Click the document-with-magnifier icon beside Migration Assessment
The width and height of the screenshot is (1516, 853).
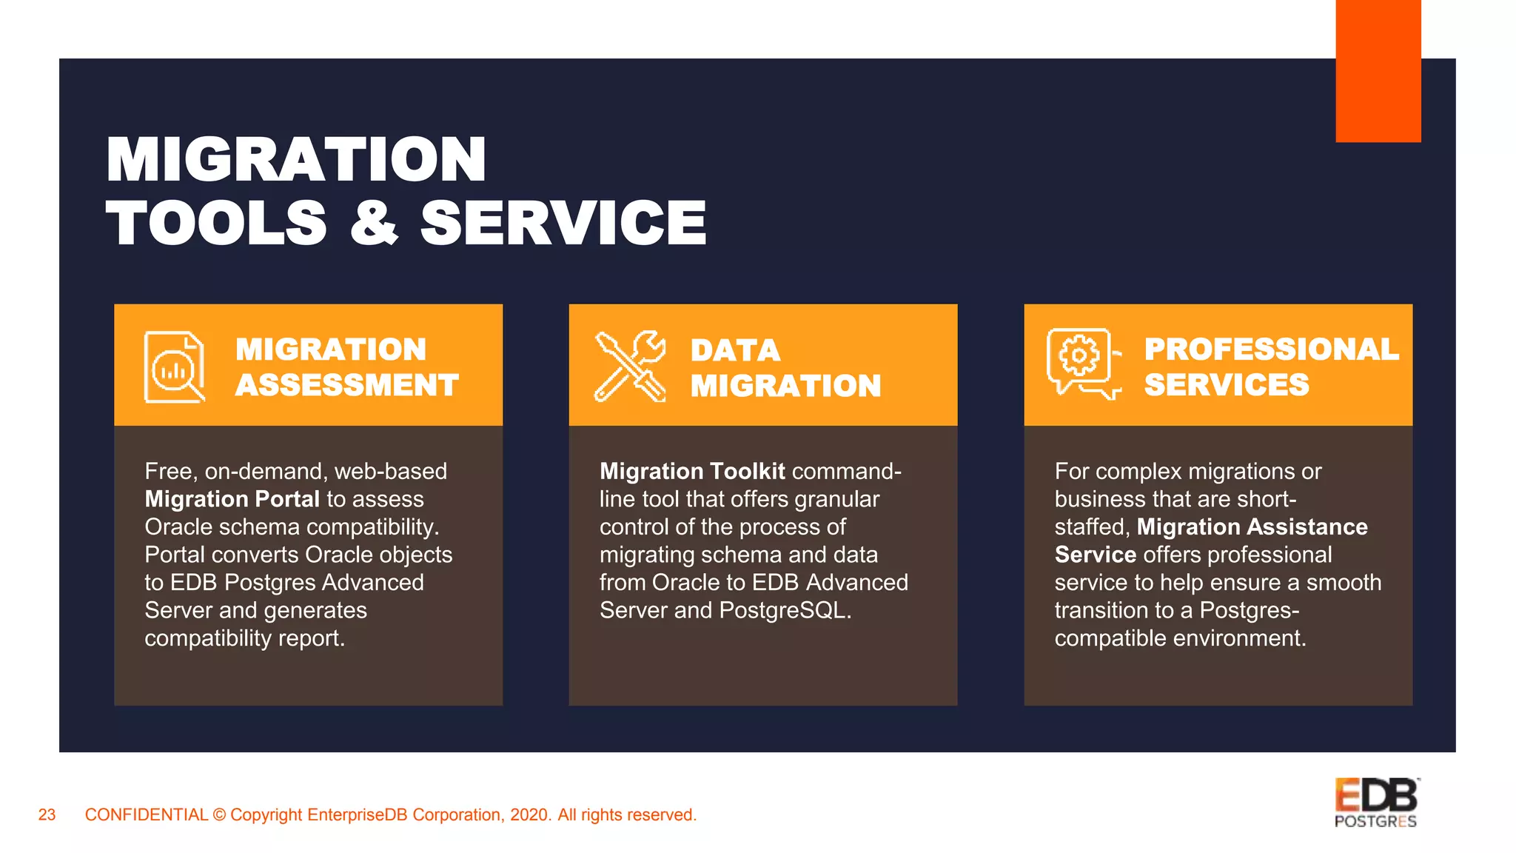click(175, 367)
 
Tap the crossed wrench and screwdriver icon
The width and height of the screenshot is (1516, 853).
click(630, 366)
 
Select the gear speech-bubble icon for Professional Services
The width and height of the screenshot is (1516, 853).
click(1083, 364)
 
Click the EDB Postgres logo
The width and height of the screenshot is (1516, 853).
click(1376, 803)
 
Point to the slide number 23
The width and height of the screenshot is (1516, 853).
click(47, 815)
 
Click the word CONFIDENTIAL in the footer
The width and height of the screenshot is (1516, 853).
click(147, 815)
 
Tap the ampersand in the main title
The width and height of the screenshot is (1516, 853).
click(374, 223)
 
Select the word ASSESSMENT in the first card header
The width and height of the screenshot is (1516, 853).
click(347, 385)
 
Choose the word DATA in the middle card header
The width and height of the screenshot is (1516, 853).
click(735, 350)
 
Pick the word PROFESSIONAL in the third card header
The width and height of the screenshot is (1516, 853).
click(1271, 349)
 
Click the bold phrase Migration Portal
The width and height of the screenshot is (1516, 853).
click(232, 499)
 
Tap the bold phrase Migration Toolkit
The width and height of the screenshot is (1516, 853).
click(692, 471)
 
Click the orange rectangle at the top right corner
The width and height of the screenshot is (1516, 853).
click(1378, 71)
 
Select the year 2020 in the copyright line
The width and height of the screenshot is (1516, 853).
click(529, 815)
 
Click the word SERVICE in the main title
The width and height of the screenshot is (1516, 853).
click(563, 223)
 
